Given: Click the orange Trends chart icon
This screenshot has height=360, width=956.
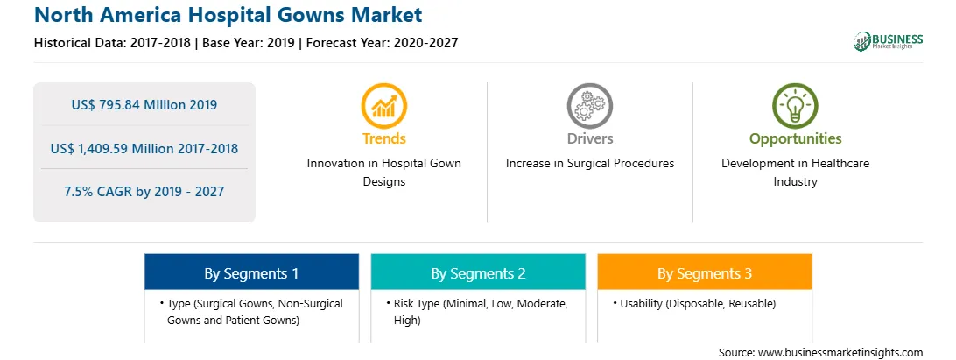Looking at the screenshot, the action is (x=384, y=106).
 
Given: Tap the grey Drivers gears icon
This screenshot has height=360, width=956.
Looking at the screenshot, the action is (x=589, y=106).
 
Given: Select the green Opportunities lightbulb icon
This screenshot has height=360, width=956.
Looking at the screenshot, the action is (x=795, y=106).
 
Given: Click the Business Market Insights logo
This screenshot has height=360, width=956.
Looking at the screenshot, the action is (x=888, y=41).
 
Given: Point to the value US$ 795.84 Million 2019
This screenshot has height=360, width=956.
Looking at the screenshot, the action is (x=144, y=104).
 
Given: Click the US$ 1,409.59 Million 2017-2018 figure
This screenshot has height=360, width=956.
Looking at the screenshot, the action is (x=144, y=148).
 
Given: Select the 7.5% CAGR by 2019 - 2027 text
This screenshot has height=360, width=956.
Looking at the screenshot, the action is (x=144, y=192).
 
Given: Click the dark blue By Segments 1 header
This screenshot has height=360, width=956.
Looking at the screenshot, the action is (x=251, y=273).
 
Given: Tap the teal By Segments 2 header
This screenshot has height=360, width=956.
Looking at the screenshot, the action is (x=478, y=273).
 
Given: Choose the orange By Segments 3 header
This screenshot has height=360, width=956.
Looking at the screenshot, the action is (x=705, y=273).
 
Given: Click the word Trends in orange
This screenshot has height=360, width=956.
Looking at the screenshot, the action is (x=384, y=138).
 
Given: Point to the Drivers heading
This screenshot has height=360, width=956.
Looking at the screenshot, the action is (x=589, y=138).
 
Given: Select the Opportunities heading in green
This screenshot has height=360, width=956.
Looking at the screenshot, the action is (x=795, y=139).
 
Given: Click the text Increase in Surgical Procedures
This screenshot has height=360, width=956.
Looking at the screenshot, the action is (x=589, y=164).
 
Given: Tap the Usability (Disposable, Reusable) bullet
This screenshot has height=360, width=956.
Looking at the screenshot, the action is (x=694, y=304).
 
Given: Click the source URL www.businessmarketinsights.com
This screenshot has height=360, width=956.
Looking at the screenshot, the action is (x=840, y=352).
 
